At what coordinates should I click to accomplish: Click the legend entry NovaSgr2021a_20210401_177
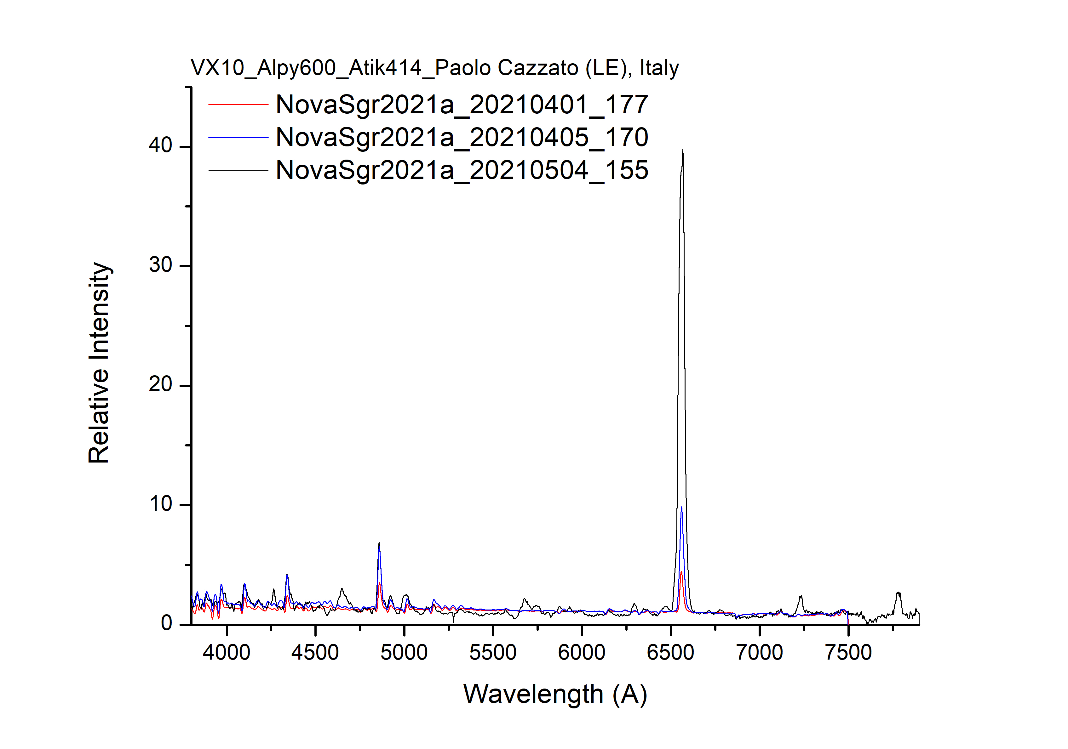coord(462,105)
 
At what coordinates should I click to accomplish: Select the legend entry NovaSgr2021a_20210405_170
coord(462,137)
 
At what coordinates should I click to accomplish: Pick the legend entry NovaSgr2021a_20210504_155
coord(462,170)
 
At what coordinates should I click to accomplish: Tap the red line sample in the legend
coord(238,105)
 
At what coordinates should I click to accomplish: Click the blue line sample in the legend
coord(238,137)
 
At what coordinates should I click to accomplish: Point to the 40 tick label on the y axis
coord(160,145)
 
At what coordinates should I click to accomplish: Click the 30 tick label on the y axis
coord(160,265)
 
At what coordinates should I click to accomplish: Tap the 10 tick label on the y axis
coord(160,504)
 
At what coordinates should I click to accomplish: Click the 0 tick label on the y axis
coord(167,623)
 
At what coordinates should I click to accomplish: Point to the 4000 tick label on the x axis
coord(227,653)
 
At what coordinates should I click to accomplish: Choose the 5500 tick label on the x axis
coord(493,653)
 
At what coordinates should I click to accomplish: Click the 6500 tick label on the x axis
coord(670,653)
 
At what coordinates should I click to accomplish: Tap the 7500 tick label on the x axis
coord(848,653)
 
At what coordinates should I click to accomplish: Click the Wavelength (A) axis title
coord(555,695)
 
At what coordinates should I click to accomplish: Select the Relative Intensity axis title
coord(99,363)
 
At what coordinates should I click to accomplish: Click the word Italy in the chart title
coord(659,68)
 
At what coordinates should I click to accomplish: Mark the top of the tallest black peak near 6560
coord(682,150)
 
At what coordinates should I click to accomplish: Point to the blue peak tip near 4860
coord(379,545)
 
